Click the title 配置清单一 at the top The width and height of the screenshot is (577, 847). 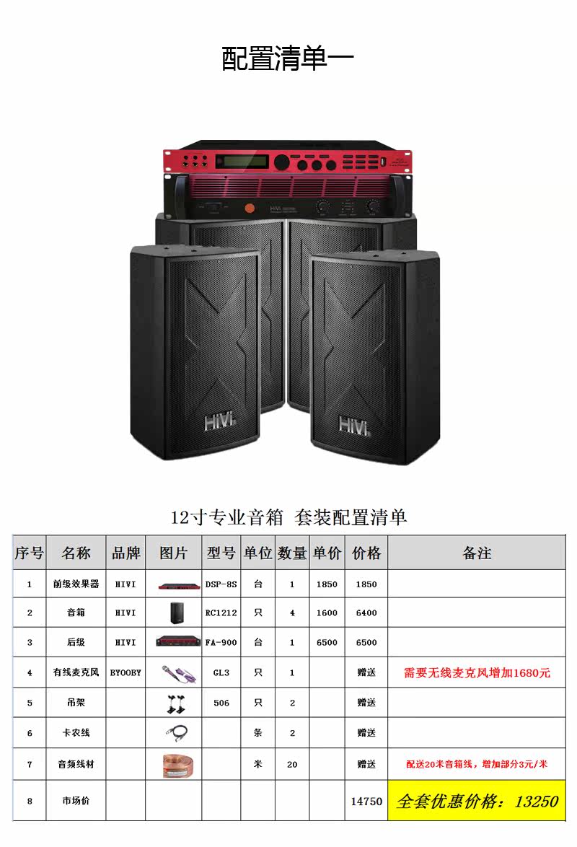click(x=288, y=59)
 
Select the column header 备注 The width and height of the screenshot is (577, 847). click(x=477, y=553)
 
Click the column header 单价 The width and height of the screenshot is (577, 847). click(x=327, y=553)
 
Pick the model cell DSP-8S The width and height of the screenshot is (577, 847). click(x=221, y=584)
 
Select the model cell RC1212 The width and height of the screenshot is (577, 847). click(x=221, y=613)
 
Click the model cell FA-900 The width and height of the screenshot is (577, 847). click(x=221, y=642)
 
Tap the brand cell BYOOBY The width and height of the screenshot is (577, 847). click(x=125, y=672)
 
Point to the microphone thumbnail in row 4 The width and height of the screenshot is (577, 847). click(x=177, y=672)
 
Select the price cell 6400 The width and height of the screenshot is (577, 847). click(x=366, y=613)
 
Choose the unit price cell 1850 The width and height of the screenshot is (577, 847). click(x=327, y=584)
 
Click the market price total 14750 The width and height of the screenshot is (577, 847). click(x=366, y=801)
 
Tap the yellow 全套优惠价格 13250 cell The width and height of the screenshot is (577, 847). click(x=477, y=801)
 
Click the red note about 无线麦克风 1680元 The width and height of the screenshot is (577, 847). click(x=477, y=672)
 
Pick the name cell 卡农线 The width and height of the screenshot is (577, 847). click(x=76, y=733)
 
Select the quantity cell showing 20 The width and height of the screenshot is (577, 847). click(x=292, y=764)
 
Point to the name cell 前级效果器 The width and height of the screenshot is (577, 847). click(x=76, y=584)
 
